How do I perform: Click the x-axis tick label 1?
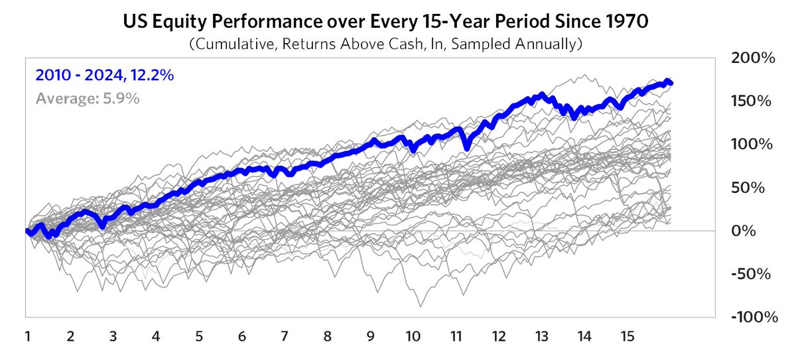[28, 336]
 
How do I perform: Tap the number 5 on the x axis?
[199, 336]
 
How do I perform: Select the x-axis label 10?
[413, 336]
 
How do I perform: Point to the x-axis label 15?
[626, 336]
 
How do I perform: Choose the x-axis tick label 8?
[327, 336]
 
